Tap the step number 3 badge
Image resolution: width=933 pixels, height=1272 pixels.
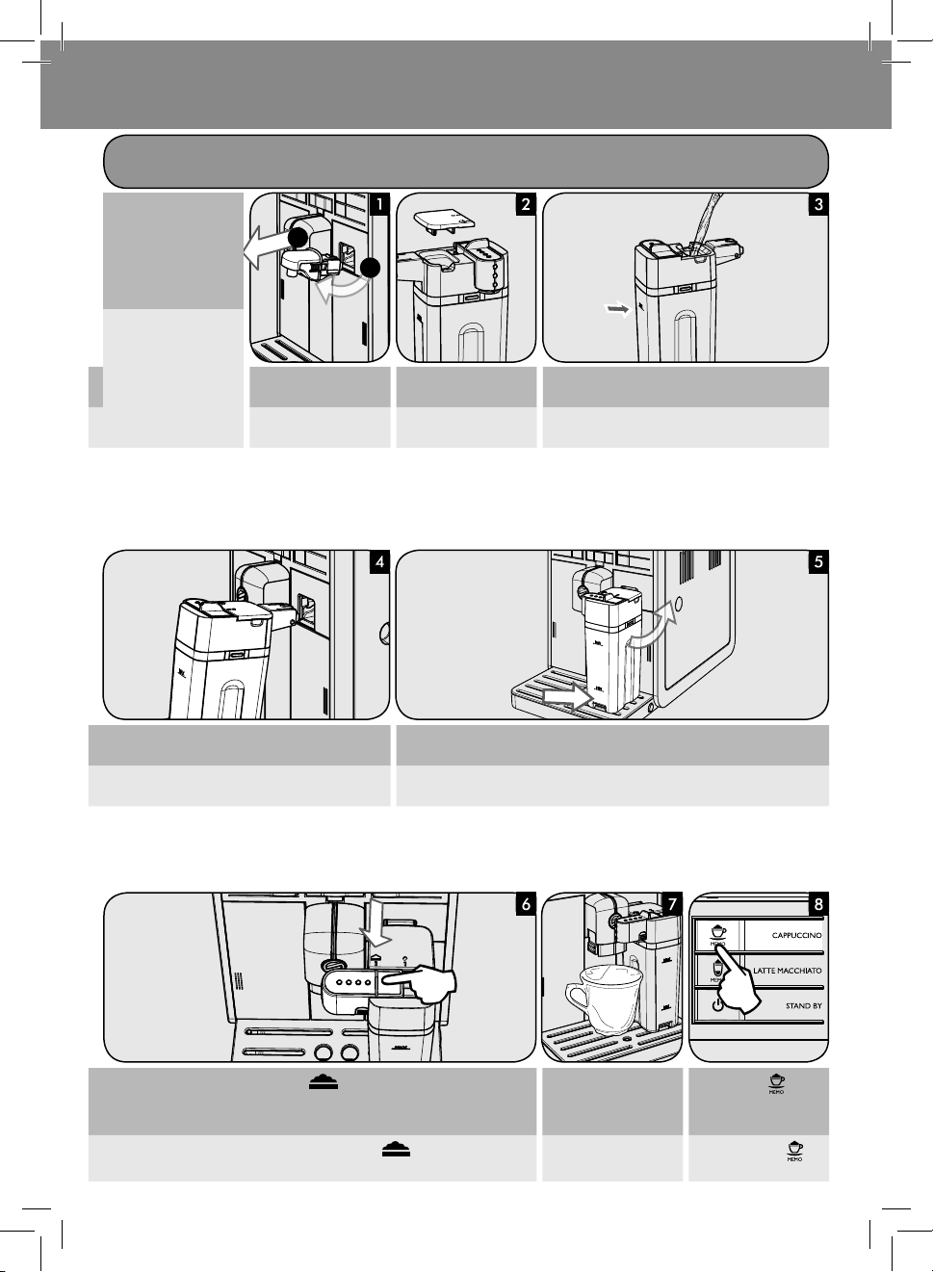click(817, 204)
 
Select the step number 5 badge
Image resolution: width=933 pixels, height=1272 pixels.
click(817, 562)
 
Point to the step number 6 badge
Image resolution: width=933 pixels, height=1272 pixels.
click(525, 904)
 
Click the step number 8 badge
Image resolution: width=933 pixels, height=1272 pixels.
click(817, 904)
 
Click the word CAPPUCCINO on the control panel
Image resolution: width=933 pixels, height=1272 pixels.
click(796, 935)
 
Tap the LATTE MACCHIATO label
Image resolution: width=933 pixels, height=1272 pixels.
click(788, 971)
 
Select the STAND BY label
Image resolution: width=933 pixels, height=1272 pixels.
click(803, 1006)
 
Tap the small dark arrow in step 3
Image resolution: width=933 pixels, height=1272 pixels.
click(616, 309)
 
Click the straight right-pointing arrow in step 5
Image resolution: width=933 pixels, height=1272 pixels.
click(562, 691)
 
